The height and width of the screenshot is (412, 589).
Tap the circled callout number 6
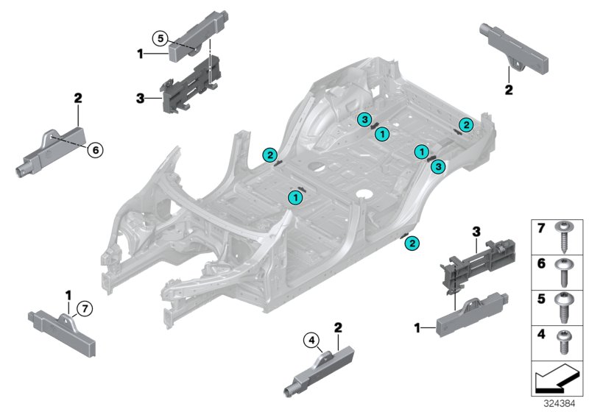(94, 150)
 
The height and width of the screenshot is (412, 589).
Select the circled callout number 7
(86, 308)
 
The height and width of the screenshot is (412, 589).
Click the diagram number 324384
(562, 403)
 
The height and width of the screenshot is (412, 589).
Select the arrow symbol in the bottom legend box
(556, 380)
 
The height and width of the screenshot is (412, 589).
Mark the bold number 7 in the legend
(540, 230)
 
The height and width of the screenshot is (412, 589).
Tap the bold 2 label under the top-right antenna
(508, 90)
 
